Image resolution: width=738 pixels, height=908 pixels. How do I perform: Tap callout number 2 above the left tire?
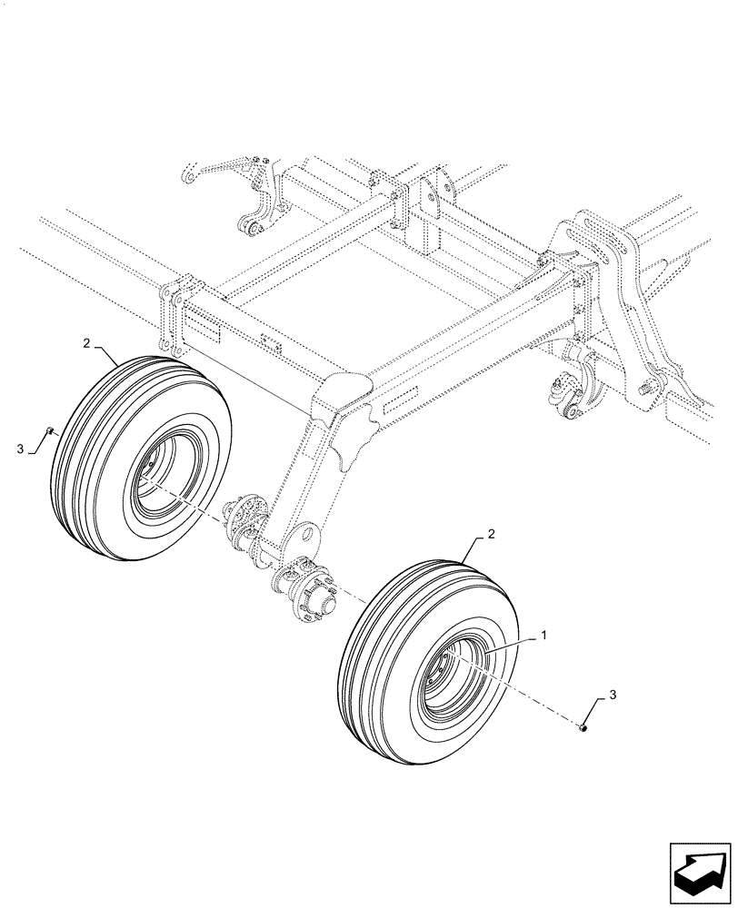tap(86, 344)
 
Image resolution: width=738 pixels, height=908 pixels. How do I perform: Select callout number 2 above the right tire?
tap(492, 535)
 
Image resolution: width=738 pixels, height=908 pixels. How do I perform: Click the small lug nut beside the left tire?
tap(53, 430)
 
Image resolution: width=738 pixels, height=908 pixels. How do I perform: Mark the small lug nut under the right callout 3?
tap(583, 725)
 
